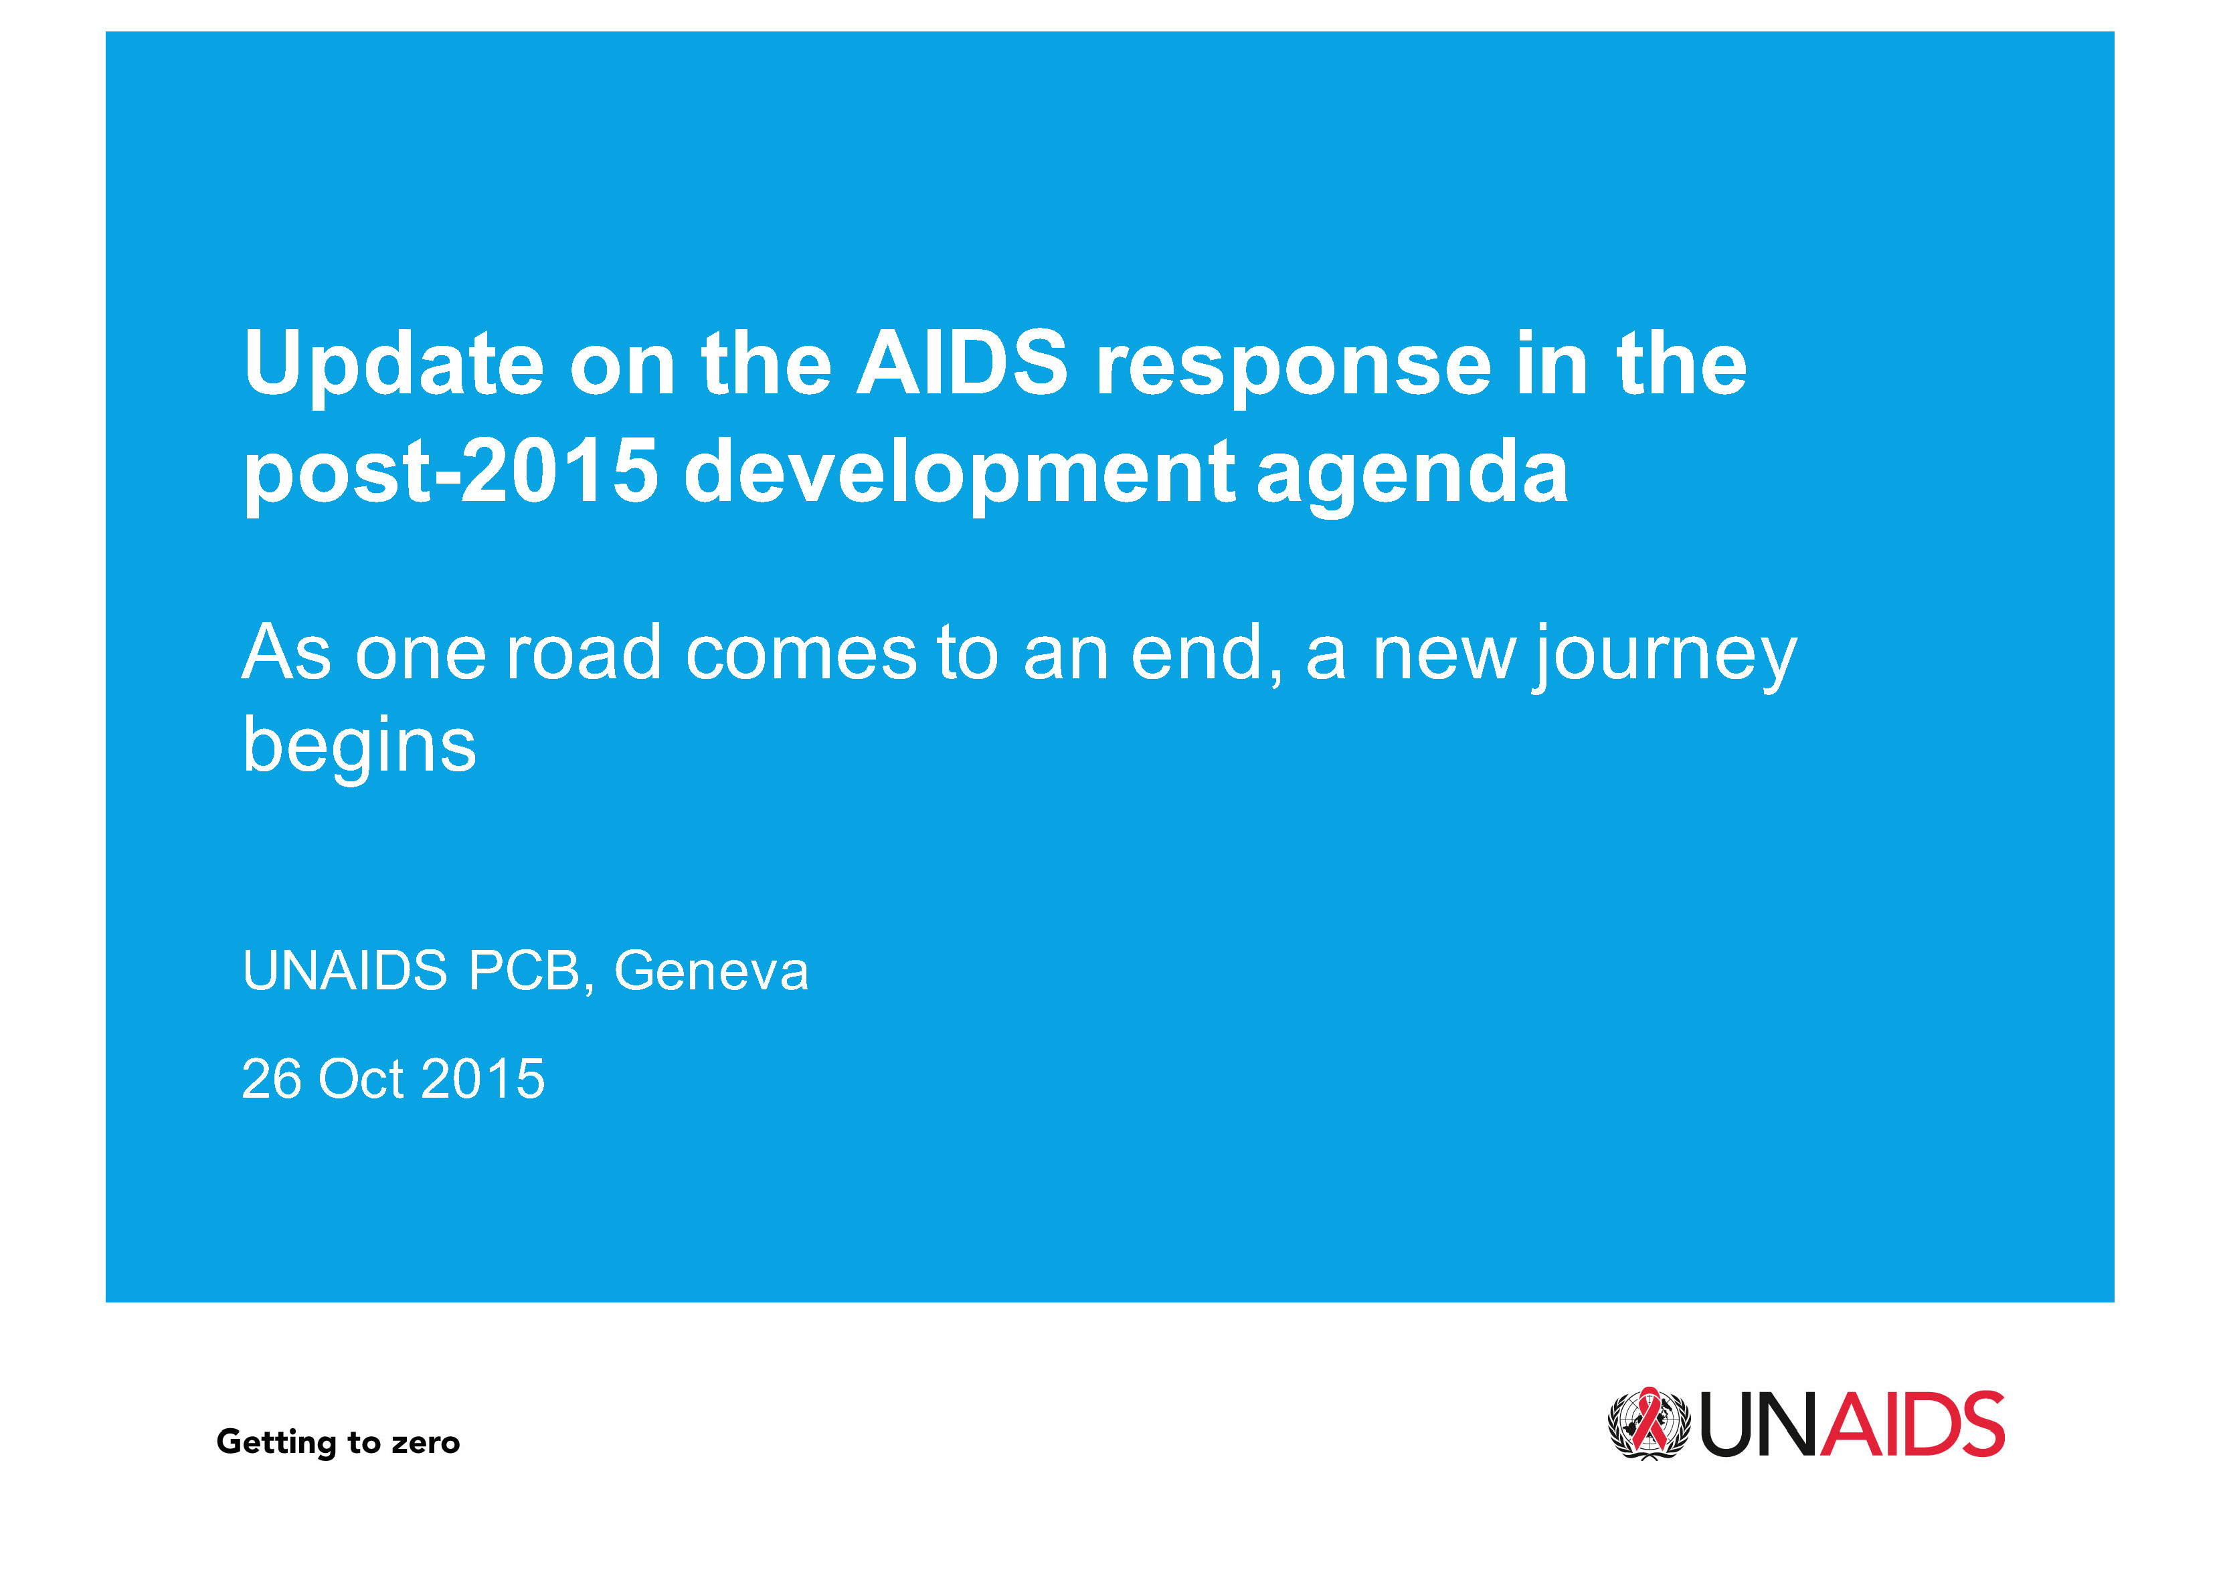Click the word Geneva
click(x=711, y=970)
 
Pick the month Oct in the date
click(x=360, y=1078)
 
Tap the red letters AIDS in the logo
click(x=1913, y=1424)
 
